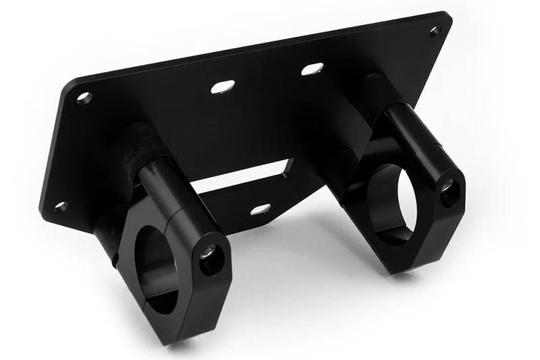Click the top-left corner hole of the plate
click(x=84, y=97)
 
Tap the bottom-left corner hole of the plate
click(x=61, y=206)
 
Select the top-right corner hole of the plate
click(x=435, y=30)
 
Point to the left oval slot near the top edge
click(x=223, y=86)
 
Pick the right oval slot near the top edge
click(x=312, y=69)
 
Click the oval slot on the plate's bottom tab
click(x=261, y=209)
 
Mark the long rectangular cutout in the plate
click(x=243, y=177)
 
